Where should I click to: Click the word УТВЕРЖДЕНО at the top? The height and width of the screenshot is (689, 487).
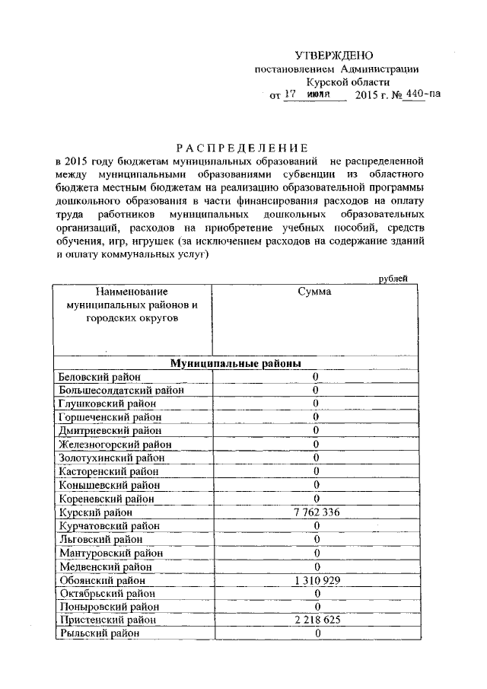334,56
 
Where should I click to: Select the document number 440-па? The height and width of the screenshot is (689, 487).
422,95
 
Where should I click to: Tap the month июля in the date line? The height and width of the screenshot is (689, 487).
322,96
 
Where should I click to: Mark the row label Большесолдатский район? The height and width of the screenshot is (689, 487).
121,391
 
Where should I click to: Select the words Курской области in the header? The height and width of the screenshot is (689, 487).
347,82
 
